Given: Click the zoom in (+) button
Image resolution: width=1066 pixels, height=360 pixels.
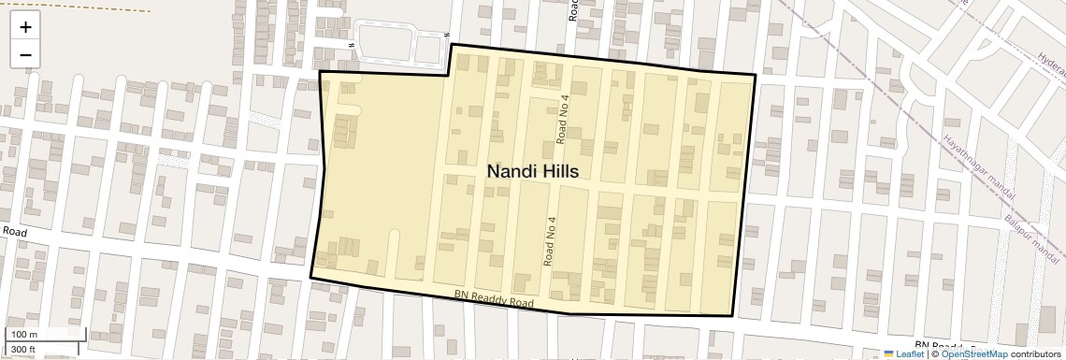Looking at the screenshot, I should [25, 27].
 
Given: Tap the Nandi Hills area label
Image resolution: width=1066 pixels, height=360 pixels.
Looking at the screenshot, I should [532, 171].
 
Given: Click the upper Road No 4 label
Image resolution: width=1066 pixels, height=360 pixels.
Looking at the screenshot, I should [563, 119].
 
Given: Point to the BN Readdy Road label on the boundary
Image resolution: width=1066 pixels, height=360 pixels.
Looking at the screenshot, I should [494, 298].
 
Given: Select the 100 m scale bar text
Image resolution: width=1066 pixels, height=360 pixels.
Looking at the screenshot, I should [23, 335].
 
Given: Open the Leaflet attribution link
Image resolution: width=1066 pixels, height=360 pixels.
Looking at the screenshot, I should [910, 354].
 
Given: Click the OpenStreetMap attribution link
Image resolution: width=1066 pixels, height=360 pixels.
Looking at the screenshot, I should [974, 354].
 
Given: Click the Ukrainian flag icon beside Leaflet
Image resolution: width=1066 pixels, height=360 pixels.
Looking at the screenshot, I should [889, 354].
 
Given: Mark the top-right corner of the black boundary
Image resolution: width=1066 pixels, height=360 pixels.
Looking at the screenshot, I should [755, 75].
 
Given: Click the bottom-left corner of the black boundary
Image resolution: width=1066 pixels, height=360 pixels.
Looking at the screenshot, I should [311, 277].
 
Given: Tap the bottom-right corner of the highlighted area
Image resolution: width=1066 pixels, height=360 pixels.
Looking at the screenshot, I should [733, 316].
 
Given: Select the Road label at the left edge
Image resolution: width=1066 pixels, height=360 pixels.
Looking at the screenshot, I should [16, 231].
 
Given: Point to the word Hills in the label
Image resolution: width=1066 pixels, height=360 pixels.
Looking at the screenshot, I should [558, 171].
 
